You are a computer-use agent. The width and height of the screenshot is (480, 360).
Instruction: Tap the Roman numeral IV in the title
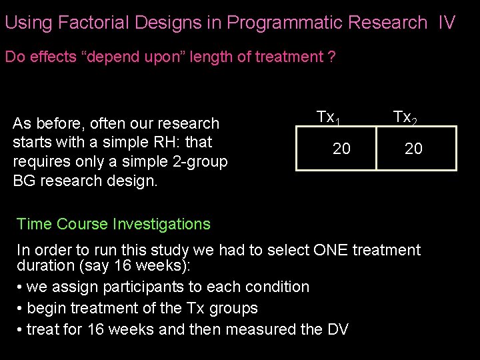[x=447, y=23]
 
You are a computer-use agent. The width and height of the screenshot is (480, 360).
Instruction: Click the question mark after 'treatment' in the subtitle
[x=331, y=57]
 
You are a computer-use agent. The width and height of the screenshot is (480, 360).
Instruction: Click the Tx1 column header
[x=329, y=118]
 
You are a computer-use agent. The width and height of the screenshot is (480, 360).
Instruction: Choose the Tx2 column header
[x=405, y=118]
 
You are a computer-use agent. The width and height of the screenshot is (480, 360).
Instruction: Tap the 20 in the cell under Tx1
[x=341, y=149]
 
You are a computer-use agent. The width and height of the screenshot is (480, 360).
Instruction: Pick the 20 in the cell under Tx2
[x=413, y=149]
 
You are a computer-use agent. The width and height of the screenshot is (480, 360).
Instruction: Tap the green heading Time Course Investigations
[x=113, y=224]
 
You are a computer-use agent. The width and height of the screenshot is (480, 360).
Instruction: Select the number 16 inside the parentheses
[x=121, y=265]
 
